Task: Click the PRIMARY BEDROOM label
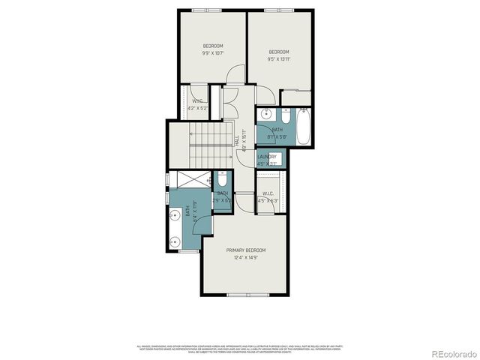(x=245, y=250)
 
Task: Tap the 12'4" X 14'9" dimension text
(x=245, y=258)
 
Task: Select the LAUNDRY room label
(x=267, y=157)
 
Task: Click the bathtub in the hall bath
(x=304, y=127)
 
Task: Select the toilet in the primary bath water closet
(x=222, y=180)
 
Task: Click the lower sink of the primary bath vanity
(x=175, y=241)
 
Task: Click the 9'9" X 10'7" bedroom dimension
(x=213, y=53)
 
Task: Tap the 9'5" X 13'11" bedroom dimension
(x=279, y=58)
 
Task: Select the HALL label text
(x=237, y=139)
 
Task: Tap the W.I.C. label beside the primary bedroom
(x=268, y=193)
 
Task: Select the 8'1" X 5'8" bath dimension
(x=277, y=137)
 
